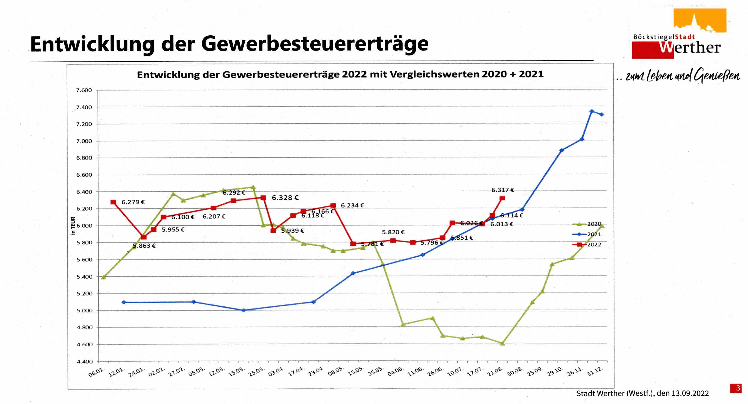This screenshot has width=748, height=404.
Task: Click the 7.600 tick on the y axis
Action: pyautogui.click(x=84, y=90)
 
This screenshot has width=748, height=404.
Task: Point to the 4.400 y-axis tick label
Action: pyautogui.click(x=84, y=362)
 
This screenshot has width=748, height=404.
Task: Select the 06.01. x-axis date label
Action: pyautogui.click(x=96, y=372)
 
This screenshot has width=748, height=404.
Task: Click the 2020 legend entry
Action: pyautogui.click(x=594, y=224)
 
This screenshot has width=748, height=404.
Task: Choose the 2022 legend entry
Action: pyautogui.click(x=594, y=245)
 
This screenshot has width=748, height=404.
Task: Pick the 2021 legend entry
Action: pyautogui.click(x=594, y=234)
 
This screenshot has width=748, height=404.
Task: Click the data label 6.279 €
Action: pyautogui.click(x=133, y=202)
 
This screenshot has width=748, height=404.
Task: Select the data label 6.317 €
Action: pyautogui.click(x=503, y=190)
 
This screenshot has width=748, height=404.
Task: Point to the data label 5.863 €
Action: pyautogui.click(x=144, y=246)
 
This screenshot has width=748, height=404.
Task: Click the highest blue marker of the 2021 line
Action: pyautogui.click(x=592, y=111)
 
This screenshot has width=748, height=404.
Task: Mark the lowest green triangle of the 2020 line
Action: pyautogui.click(x=503, y=344)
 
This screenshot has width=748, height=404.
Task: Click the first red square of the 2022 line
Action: pyautogui.click(x=113, y=202)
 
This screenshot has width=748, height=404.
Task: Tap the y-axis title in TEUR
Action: pyautogui.click(x=73, y=226)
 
